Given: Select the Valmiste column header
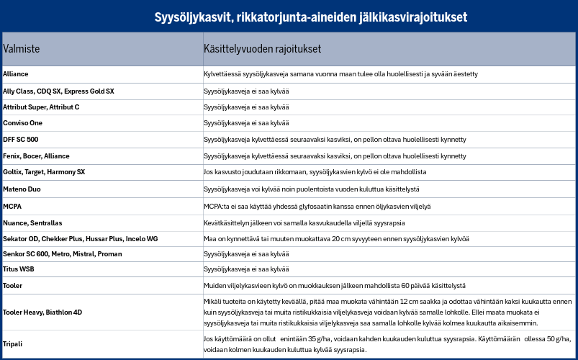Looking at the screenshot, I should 22,49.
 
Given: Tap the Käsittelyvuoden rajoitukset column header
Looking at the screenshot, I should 262,49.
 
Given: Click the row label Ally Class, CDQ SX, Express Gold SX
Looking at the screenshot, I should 58,91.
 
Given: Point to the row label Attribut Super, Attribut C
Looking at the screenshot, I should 41,107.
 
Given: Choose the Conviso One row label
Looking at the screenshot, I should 23,123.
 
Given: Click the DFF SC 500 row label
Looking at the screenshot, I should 21,139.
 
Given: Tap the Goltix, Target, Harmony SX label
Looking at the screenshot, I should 44,172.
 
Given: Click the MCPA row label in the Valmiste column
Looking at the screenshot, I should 12,206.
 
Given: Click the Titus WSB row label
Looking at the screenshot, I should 19,269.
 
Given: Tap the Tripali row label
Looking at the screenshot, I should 14,343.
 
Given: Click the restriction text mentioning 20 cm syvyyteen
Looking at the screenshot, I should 336,238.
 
